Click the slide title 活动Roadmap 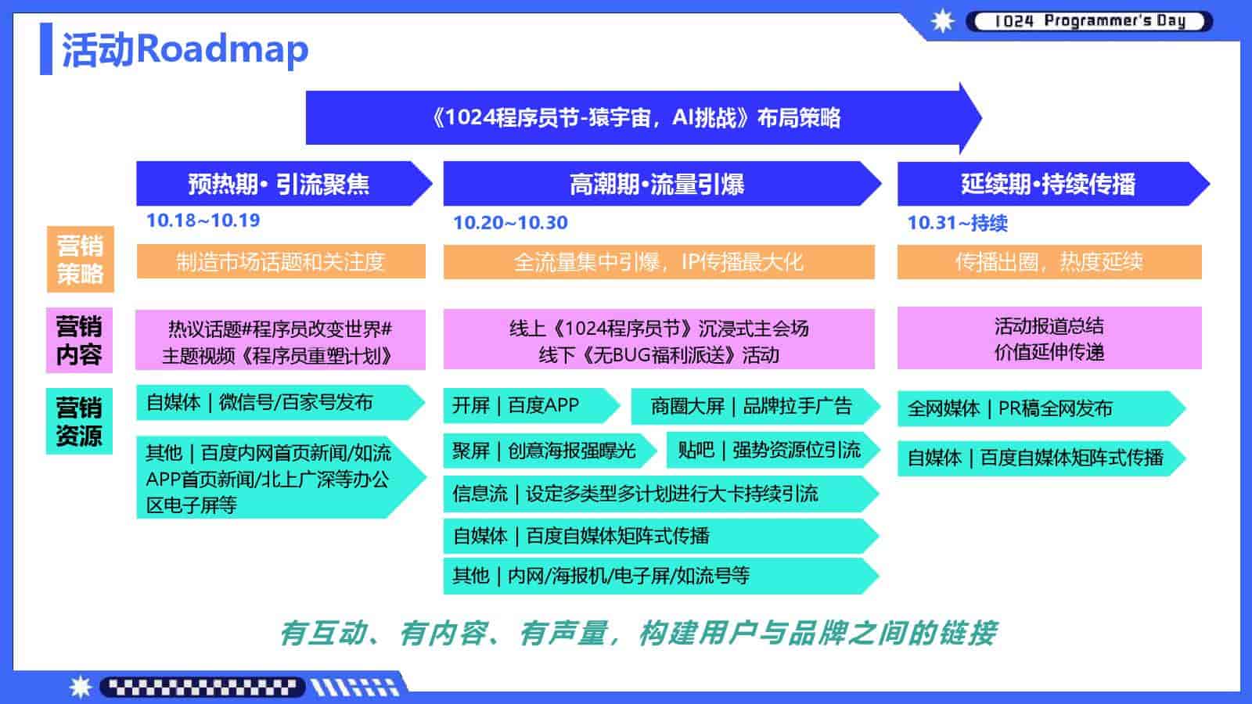[x=185, y=49]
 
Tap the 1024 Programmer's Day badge [x=1088, y=21]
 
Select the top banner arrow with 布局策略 [x=635, y=118]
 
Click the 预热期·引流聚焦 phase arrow [x=279, y=184]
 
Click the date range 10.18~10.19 [x=203, y=221]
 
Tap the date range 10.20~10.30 [x=510, y=223]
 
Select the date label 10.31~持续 [x=957, y=223]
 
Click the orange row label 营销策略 [x=80, y=260]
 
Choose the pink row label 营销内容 [x=79, y=340]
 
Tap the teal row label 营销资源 [x=79, y=421]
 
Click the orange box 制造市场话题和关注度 [x=281, y=261]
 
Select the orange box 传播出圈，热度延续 [x=1049, y=261]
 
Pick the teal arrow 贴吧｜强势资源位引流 [x=769, y=450]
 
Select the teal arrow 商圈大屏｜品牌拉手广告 [x=751, y=406]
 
